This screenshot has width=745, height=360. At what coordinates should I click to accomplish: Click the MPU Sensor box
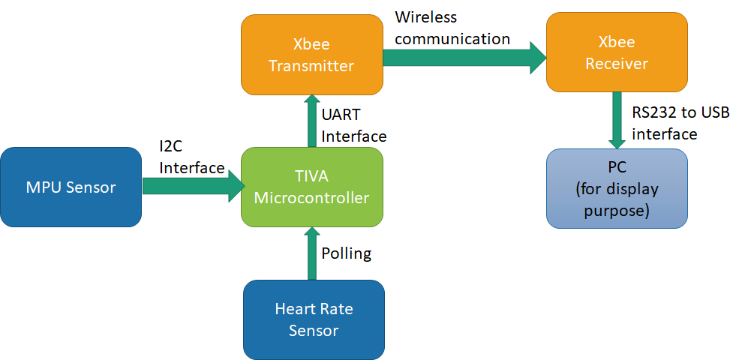pos(71,187)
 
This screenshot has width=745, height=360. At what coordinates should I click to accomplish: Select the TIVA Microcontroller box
pos(311,187)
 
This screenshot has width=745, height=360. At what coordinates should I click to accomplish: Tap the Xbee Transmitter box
pos(311,55)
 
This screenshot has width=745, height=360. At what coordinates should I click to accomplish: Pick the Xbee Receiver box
pos(617,52)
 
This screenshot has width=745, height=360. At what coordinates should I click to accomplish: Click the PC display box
pos(617,188)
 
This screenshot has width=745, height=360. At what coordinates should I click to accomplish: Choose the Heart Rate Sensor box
pos(314,319)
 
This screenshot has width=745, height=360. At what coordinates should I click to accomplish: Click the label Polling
pos(346,253)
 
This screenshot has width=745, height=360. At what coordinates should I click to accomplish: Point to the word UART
pos(341,115)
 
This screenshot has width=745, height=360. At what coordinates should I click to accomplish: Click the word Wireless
pos(425,16)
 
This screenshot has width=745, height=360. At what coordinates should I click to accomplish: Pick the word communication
pos(452,38)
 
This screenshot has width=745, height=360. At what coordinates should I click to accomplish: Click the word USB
pos(718,113)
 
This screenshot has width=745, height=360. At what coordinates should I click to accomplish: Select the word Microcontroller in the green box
pos(311,198)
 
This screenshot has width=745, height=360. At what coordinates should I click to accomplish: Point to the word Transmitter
pos(311,66)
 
